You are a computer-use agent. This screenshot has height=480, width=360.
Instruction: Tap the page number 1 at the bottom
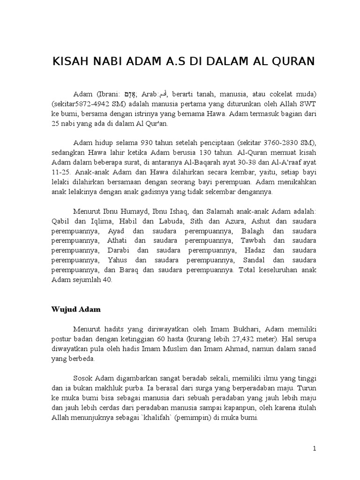coord(315,449)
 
